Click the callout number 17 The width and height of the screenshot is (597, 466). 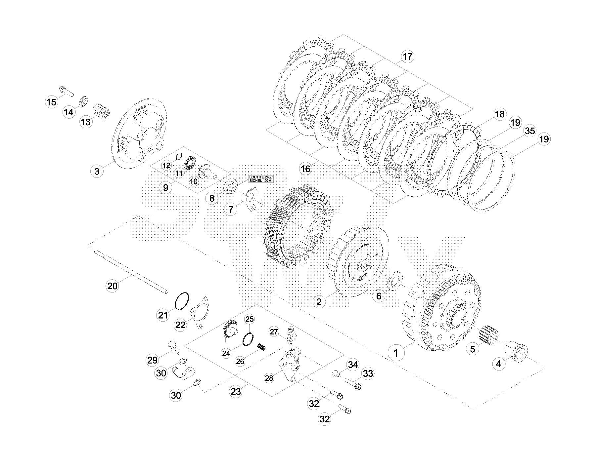(x=407, y=57)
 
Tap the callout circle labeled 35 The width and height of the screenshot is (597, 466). (x=530, y=131)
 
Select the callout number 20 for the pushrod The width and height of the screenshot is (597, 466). (x=112, y=285)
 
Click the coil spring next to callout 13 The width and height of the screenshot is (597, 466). (x=100, y=112)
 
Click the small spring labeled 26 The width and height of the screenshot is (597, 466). (x=262, y=347)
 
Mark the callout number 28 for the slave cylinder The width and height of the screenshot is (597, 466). (x=269, y=378)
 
